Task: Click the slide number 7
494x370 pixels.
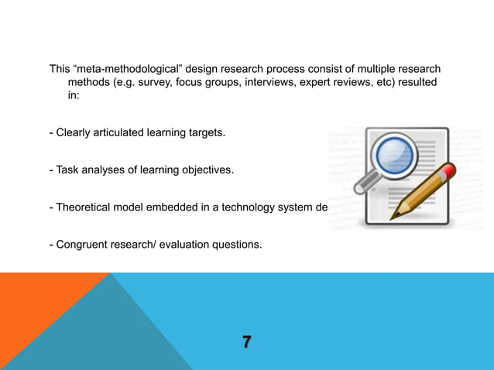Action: click(x=246, y=342)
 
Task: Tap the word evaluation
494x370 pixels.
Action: click(x=180, y=245)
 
